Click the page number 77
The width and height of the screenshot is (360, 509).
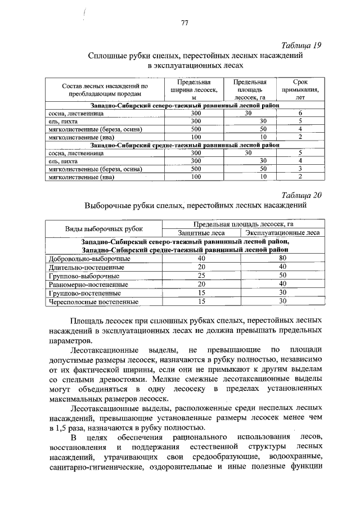coord(184,23)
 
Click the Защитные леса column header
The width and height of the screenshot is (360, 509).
coord(201,232)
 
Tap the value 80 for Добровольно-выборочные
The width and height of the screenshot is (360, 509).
coord(283,258)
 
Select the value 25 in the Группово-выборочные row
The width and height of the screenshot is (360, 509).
coord(201,276)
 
